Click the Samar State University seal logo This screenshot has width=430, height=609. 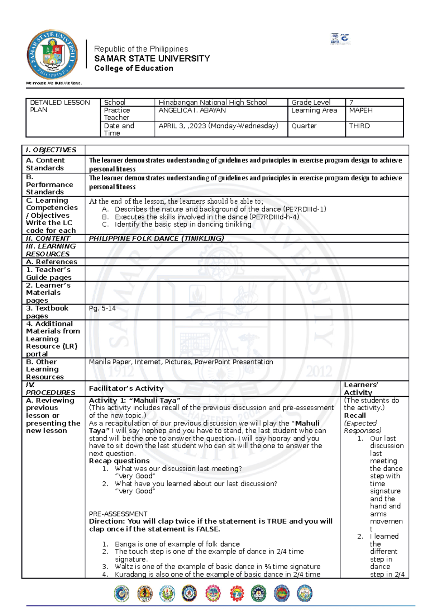[x=52, y=55]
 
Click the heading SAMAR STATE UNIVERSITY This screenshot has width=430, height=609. [x=152, y=58]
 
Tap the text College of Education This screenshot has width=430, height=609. [x=134, y=68]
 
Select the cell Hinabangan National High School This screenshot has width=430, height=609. [x=213, y=102]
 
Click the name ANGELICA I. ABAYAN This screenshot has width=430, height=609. [x=192, y=110]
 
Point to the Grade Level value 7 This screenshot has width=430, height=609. [x=351, y=102]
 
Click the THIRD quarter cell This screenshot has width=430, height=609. [x=359, y=126]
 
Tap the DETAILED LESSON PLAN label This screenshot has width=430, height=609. [x=60, y=106]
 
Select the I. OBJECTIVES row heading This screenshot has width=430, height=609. [x=51, y=150]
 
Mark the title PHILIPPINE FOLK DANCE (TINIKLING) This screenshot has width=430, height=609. [x=156, y=239]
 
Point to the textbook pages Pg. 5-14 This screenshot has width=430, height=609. [x=102, y=308]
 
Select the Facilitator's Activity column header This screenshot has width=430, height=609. [x=126, y=388]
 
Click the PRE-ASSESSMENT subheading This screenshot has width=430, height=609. [x=118, y=514]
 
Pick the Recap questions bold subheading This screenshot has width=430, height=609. [x=119, y=461]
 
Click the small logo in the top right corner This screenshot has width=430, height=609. [x=340, y=39]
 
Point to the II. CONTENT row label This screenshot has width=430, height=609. [x=48, y=239]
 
